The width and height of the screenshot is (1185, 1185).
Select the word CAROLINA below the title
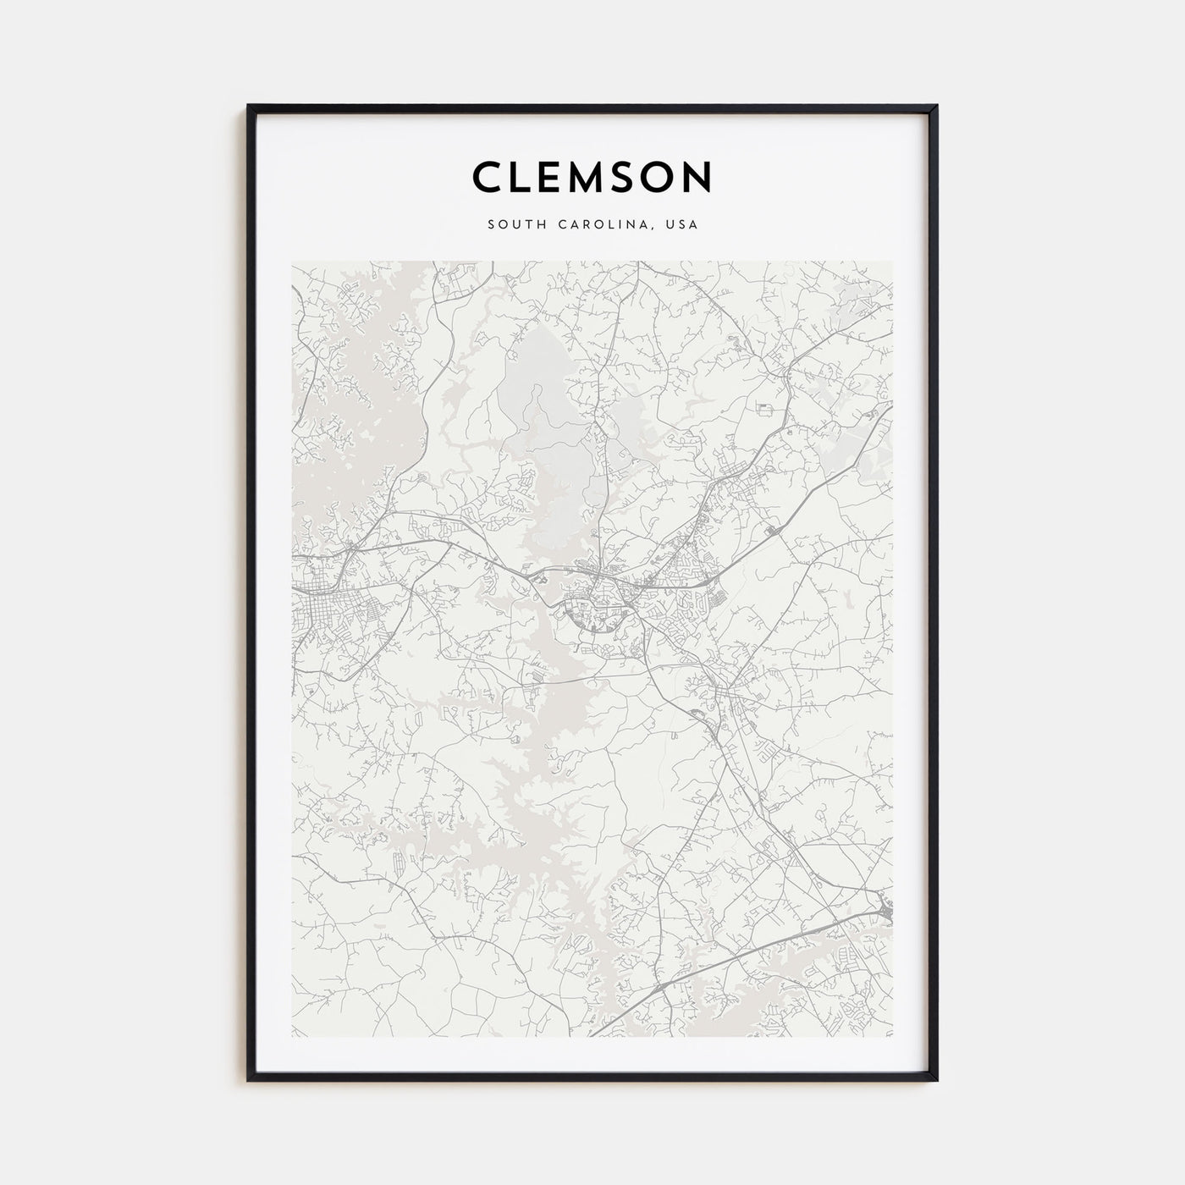(602, 225)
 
